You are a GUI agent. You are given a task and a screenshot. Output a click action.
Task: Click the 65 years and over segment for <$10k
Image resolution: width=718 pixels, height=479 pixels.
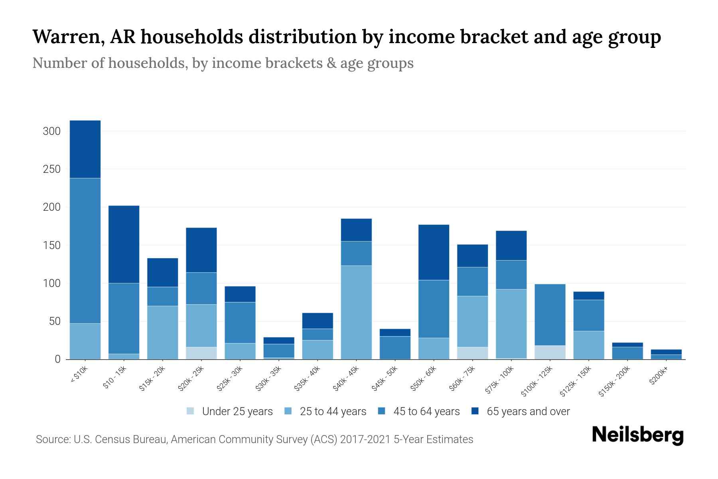pos(85,149)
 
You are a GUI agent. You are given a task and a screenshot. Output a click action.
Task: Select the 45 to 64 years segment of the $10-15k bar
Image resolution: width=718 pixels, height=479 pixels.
pos(124,318)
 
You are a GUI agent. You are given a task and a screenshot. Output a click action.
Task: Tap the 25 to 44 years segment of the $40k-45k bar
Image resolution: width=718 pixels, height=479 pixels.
pos(356,312)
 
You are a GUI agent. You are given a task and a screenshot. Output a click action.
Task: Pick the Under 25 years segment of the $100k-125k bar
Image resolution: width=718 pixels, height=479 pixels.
pos(550,352)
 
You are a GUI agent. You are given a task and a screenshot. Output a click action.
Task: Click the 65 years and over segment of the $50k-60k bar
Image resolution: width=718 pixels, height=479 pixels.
pos(434,252)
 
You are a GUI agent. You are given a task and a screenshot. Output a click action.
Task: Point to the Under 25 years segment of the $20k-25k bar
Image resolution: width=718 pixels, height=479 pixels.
pos(201,353)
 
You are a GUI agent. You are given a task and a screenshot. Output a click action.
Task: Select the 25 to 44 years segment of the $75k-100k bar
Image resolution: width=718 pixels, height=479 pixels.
pos(511,323)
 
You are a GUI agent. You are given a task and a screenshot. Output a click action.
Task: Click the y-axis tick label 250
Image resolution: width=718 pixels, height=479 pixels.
pos(51,169)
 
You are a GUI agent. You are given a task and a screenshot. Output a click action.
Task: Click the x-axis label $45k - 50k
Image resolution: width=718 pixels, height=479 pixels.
pos(385,379)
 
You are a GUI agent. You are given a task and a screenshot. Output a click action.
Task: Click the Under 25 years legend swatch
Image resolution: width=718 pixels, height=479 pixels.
pos(191,411)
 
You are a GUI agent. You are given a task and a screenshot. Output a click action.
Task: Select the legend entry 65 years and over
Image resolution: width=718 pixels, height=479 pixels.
pos(528,411)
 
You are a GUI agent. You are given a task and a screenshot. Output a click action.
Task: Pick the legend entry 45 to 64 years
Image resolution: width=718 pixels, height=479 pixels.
pos(426,411)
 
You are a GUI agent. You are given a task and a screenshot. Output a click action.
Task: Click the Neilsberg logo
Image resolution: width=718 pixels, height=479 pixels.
pos(637,435)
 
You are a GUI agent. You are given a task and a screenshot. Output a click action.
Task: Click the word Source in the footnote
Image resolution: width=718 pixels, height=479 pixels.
pos(52,439)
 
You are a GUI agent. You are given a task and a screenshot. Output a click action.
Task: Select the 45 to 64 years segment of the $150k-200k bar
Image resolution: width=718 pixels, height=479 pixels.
pos(627,353)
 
